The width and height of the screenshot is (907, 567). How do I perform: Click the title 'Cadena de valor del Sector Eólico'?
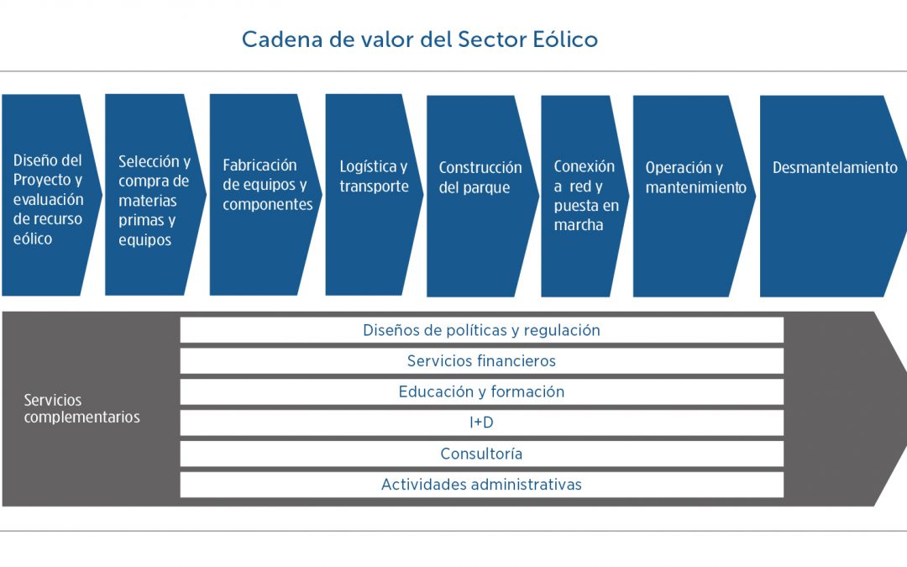(x=420, y=39)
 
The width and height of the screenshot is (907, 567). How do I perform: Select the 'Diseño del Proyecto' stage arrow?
(x=49, y=195)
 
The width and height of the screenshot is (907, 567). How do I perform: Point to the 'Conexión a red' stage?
(x=584, y=196)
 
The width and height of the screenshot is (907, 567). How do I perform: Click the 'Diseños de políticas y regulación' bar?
(x=481, y=330)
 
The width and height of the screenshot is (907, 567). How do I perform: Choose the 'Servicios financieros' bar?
(x=481, y=361)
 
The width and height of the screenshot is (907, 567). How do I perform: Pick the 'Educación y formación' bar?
(x=481, y=392)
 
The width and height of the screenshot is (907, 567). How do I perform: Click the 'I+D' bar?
(x=481, y=423)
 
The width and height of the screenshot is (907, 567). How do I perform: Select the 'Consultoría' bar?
(x=481, y=454)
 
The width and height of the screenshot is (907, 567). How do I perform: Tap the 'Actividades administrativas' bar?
(x=481, y=485)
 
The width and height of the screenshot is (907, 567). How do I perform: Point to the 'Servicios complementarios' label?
(x=81, y=409)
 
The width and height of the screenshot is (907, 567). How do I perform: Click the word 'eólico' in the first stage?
(x=33, y=239)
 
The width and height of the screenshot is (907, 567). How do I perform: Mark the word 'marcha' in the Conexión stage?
(x=579, y=226)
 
